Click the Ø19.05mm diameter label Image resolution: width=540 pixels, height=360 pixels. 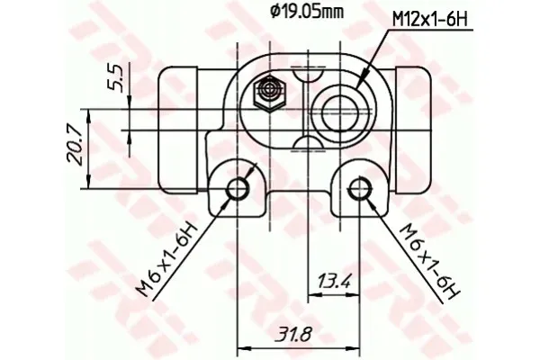point(308,13)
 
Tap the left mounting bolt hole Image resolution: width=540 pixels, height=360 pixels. point(238,188)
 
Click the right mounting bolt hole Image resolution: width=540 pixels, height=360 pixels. point(360,188)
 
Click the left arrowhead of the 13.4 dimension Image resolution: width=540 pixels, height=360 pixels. point(311,292)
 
